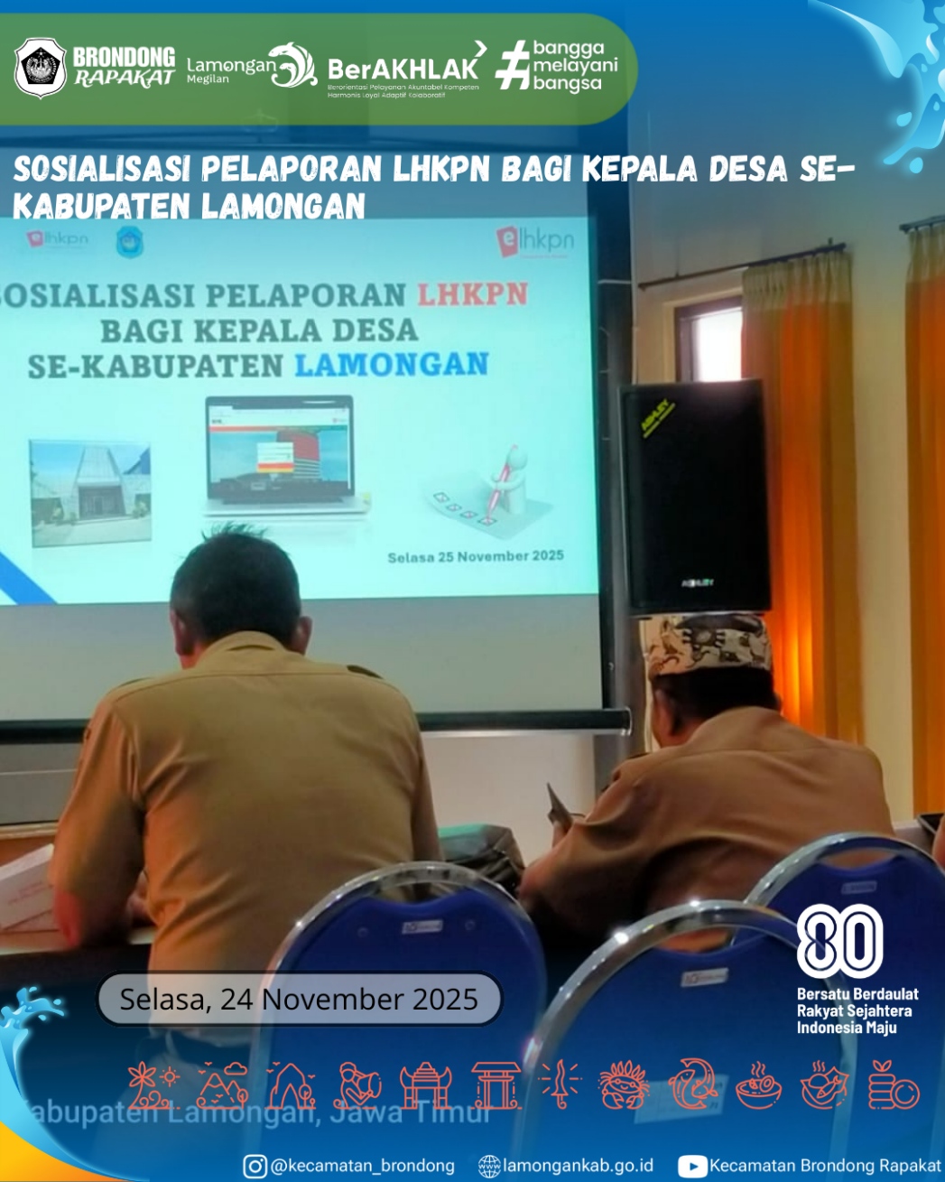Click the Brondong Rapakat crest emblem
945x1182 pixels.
[41, 68]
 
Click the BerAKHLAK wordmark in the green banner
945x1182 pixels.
[403, 70]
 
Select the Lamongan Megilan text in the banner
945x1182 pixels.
[229, 69]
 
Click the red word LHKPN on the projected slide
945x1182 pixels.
[472, 294]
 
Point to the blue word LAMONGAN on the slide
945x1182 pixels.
[392, 365]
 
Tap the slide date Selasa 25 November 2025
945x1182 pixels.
[476, 556]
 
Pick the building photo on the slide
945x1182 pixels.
[89, 492]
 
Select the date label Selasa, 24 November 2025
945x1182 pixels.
[299, 999]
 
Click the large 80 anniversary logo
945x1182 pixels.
[839, 941]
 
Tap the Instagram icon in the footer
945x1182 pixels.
[255, 1166]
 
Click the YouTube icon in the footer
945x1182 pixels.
[691, 1166]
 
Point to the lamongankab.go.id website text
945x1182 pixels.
[578, 1166]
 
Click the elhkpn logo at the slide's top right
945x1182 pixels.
[534, 242]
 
